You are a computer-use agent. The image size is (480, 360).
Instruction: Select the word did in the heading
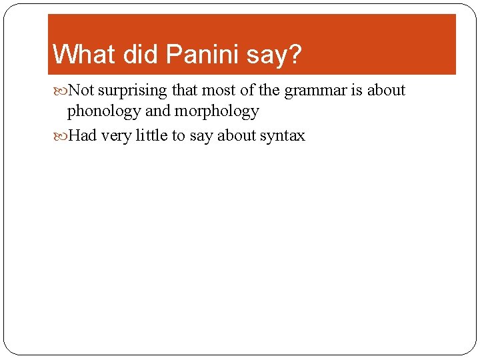143,55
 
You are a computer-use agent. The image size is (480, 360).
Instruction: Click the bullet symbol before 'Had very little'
62,136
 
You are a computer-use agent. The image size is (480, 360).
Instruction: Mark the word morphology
217,111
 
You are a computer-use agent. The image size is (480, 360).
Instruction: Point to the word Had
83,135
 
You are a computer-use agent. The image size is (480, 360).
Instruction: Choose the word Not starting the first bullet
81,90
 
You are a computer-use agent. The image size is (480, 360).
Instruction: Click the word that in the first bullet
184,90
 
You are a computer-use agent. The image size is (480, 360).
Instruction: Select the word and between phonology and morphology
158,111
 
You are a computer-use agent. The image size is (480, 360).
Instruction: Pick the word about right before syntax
237,135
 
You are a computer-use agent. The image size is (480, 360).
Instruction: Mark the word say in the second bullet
201,137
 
